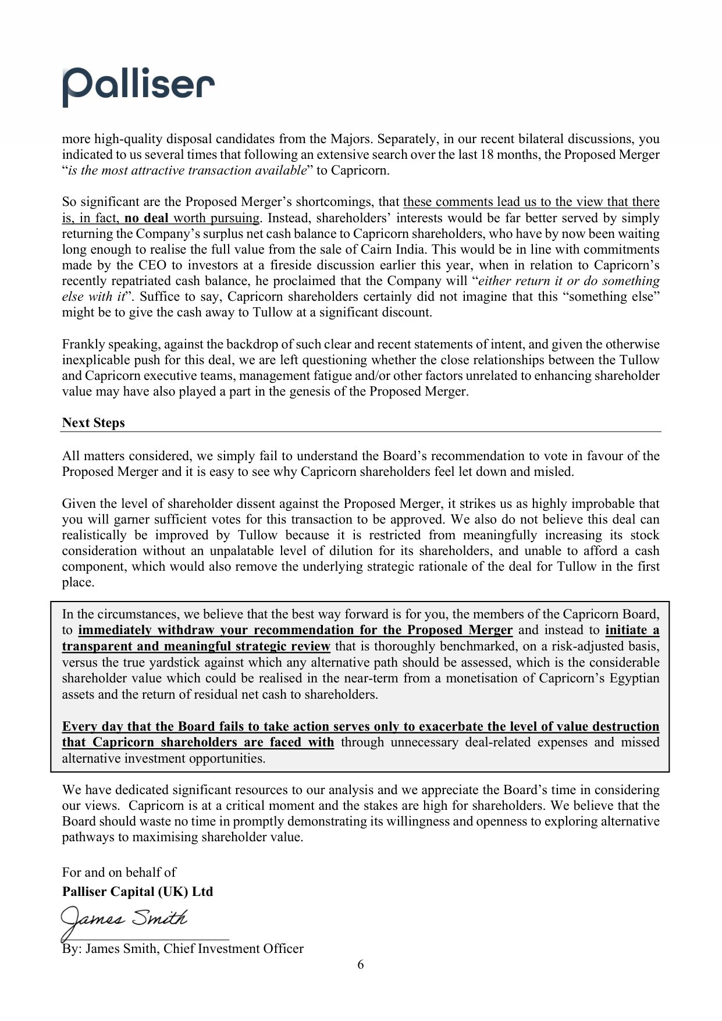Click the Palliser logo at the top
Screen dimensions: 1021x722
pyautogui.click(x=138, y=86)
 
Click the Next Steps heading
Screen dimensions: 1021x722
pyautogui.click(x=93, y=423)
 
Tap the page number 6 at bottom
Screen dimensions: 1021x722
pyautogui.click(x=361, y=965)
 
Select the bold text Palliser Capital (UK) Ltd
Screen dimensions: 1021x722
pyautogui.click(x=137, y=892)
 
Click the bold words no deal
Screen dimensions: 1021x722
pyautogui.click(x=146, y=218)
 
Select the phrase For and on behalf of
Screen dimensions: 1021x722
pyautogui.click(x=119, y=872)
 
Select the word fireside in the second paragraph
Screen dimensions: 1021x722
pyautogui.click(x=286, y=265)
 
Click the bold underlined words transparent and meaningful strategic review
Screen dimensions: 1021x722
pyautogui.click(x=196, y=646)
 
